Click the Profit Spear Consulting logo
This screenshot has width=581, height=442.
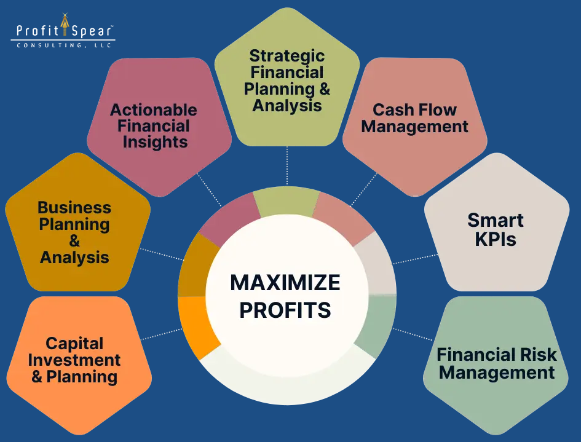(x=63, y=32)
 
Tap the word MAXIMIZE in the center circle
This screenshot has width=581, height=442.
(x=285, y=282)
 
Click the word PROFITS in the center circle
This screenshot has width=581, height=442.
(x=285, y=310)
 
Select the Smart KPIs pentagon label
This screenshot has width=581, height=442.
(x=496, y=229)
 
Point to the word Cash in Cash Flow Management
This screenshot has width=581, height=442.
(x=391, y=110)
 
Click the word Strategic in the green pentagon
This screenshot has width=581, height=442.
(x=287, y=56)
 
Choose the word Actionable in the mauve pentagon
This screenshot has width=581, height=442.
(x=154, y=110)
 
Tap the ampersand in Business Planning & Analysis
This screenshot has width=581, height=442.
(x=74, y=241)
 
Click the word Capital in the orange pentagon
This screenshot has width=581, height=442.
(x=74, y=343)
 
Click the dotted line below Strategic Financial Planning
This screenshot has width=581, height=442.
(x=287, y=166)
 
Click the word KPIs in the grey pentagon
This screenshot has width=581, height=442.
(x=496, y=239)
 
